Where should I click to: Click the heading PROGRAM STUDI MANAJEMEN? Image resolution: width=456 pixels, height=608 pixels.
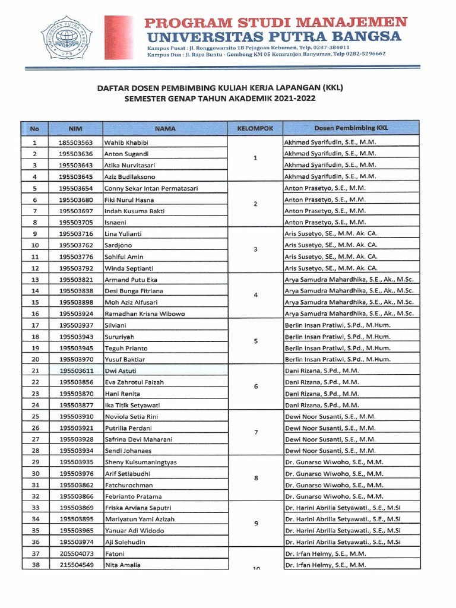(x=276, y=23)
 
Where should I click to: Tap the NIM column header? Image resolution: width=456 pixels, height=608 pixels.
(x=75, y=128)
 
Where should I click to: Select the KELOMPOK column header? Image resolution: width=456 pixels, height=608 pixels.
(x=255, y=128)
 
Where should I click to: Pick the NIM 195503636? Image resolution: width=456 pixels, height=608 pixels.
(x=75, y=154)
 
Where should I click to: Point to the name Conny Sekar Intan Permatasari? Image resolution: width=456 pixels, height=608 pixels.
(x=151, y=188)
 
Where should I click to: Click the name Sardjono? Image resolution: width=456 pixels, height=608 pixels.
(x=119, y=245)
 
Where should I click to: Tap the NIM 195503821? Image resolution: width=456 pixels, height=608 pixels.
(x=75, y=279)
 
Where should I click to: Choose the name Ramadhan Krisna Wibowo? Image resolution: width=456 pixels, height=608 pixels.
(x=145, y=313)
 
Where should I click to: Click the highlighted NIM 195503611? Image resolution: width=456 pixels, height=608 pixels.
(x=75, y=370)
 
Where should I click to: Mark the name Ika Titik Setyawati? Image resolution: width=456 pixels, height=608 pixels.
(x=136, y=405)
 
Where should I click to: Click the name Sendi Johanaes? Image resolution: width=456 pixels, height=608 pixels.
(x=128, y=451)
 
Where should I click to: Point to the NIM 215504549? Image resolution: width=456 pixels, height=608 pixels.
(x=75, y=565)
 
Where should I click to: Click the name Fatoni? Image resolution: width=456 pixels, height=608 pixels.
(x=115, y=553)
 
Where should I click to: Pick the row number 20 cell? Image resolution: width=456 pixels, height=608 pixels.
(x=35, y=359)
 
